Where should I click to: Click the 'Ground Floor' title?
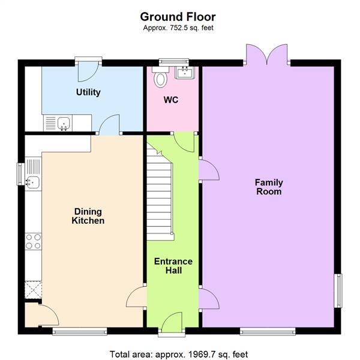tap(178, 17)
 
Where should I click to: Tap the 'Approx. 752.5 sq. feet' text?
tap(178, 28)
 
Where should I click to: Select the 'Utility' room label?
tap(88, 92)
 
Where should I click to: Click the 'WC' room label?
tap(171, 100)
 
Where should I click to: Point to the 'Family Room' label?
tap(269, 187)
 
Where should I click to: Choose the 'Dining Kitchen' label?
tap(88, 216)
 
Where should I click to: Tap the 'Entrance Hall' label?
tap(173, 266)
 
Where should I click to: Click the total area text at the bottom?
tap(179, 354)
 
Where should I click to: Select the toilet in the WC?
tap(160, 78)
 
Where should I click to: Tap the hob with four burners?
tap(33, 241)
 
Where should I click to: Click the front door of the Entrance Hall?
tap(173, 321)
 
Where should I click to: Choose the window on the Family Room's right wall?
tap(338, 291)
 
